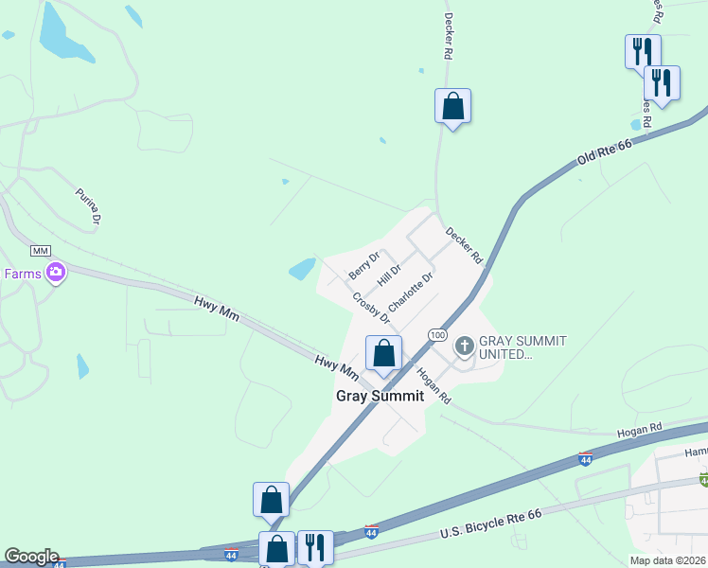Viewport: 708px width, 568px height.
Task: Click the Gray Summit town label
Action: [380, 396]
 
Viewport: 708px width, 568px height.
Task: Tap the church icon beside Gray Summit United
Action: [464, 346]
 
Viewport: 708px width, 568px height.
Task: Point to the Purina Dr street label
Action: [89, 205]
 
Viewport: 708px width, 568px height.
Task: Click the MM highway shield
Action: [40, 250]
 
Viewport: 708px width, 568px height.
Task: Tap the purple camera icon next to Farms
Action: [57, 274]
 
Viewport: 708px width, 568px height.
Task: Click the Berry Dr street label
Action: [363, 264]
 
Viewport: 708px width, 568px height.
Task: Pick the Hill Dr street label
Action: [389, 275]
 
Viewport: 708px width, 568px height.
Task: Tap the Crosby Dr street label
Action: [371, 307]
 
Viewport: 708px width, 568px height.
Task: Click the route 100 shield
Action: [436, 335]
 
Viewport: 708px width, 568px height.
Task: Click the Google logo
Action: [30, 557]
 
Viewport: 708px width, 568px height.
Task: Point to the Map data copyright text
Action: [668, 560]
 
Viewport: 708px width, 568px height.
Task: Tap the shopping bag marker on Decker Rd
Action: [453, 106]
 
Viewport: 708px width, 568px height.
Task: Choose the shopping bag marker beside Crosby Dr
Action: [383, 354]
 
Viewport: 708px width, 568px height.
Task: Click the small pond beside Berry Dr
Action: [302, 270]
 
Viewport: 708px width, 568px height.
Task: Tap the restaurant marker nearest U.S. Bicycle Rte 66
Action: [316, 547]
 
